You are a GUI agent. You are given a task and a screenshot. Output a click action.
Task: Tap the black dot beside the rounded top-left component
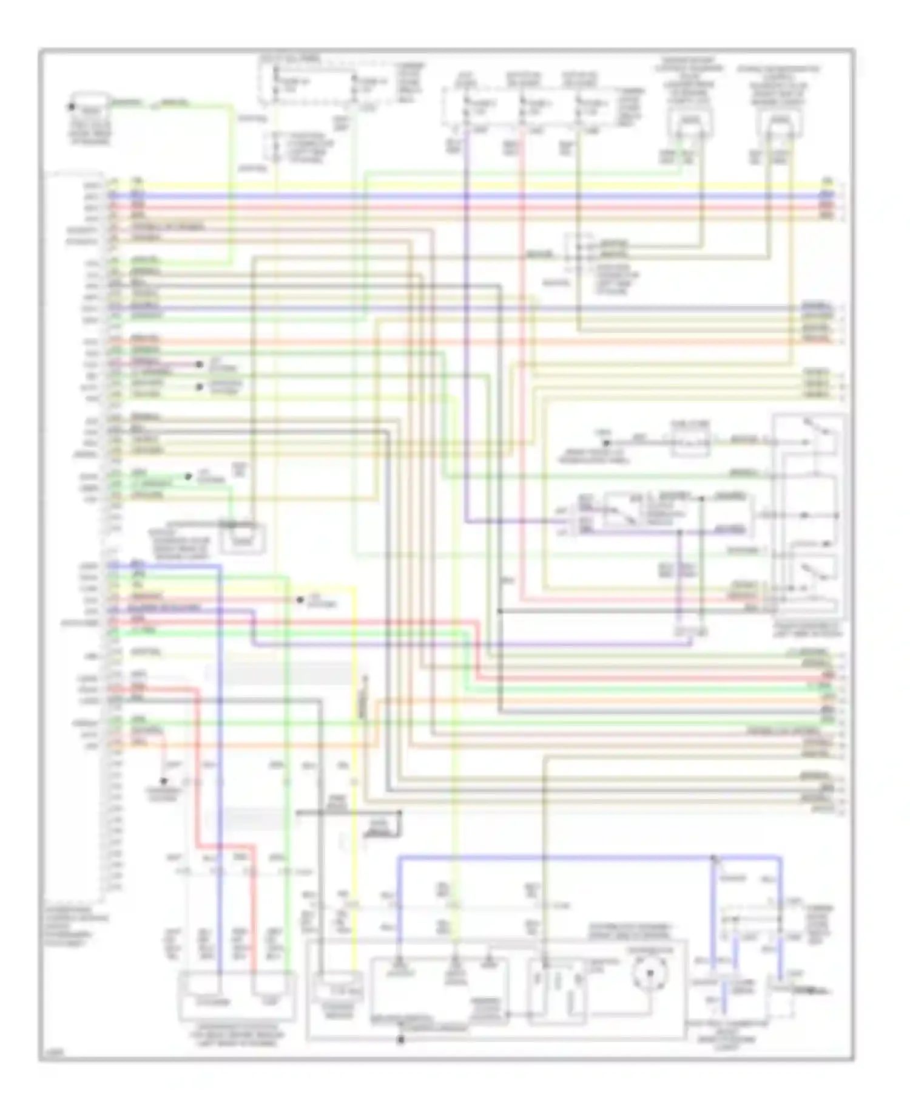point(71,107)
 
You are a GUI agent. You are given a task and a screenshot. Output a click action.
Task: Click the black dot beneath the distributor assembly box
point(400,1040)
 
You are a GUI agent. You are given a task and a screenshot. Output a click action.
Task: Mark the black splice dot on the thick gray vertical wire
point(500,611)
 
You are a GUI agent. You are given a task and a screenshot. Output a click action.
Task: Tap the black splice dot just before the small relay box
point(606,442)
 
